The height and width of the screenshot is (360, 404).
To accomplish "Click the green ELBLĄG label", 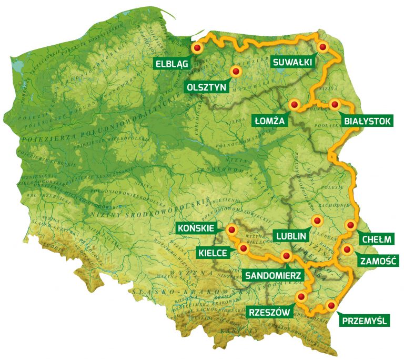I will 171,63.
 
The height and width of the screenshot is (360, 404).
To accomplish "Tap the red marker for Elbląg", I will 197,48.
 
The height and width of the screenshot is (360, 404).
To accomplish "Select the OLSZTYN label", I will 206,86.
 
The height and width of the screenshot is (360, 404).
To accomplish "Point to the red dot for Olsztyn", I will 236,71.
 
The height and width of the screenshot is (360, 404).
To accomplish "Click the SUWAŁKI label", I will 292,62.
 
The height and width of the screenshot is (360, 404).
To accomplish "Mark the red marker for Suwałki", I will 323,47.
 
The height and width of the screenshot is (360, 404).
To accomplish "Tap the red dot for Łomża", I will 294,105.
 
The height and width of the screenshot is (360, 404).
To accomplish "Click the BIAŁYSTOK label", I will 367,121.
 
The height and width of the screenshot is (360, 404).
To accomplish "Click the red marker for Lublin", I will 316,221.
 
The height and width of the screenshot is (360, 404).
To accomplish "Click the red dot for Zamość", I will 347,250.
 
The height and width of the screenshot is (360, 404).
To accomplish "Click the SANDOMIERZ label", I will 272,274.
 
